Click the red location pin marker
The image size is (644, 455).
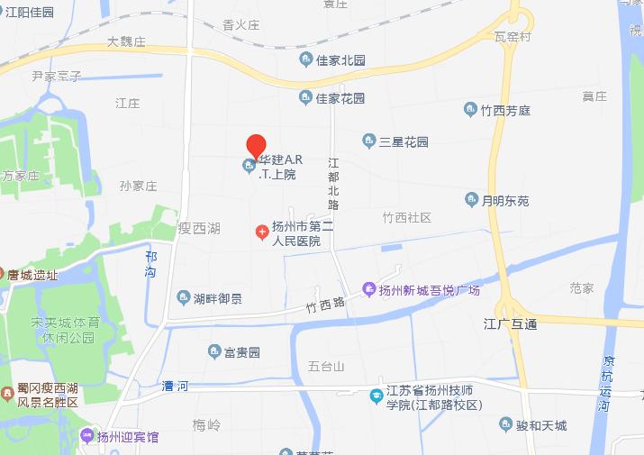[256, 145]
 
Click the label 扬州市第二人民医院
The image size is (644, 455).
[297, 233]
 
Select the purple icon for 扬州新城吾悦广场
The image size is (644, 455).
[367, 289]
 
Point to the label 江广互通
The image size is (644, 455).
[510, 323]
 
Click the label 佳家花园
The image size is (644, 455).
[340, 97]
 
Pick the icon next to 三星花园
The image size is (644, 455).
[368, 141]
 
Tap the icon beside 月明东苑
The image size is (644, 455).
[471, 199]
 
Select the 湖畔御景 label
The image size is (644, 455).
[217, 297]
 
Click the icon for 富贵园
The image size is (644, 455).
[214, 350]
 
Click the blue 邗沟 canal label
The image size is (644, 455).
[150, 263]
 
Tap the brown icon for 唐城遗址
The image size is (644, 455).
[5, 274]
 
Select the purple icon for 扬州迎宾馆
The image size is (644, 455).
[86, 437]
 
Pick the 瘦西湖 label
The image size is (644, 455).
[199, 228]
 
